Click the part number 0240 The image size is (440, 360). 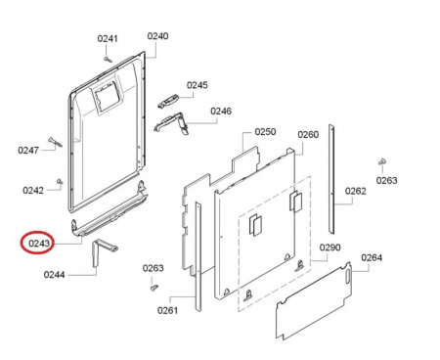[x=157, y=36]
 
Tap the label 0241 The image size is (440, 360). [x=108, y=38]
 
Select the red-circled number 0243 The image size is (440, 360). [x=39, y=244]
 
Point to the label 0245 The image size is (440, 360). [x=198, y=85]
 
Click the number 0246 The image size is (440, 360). [x=221, y=112]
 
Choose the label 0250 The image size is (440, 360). [x=265, y=132]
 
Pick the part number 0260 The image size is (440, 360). [x=308, y=134]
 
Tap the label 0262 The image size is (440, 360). [x=356, y=191]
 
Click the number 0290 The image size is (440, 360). [x=330, y=247]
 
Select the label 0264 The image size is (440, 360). [x=372, y=258]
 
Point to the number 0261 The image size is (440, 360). [x=168, y=310]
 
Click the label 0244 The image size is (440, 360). [x=55, y=275]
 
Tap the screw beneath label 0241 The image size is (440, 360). [x=108, y=59]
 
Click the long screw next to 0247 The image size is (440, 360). [x=55, y=142]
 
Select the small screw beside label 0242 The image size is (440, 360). [x=60, y=181]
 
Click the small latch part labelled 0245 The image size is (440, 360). [x=168, y=101]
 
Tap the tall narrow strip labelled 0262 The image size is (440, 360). [x=331, y=179]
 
